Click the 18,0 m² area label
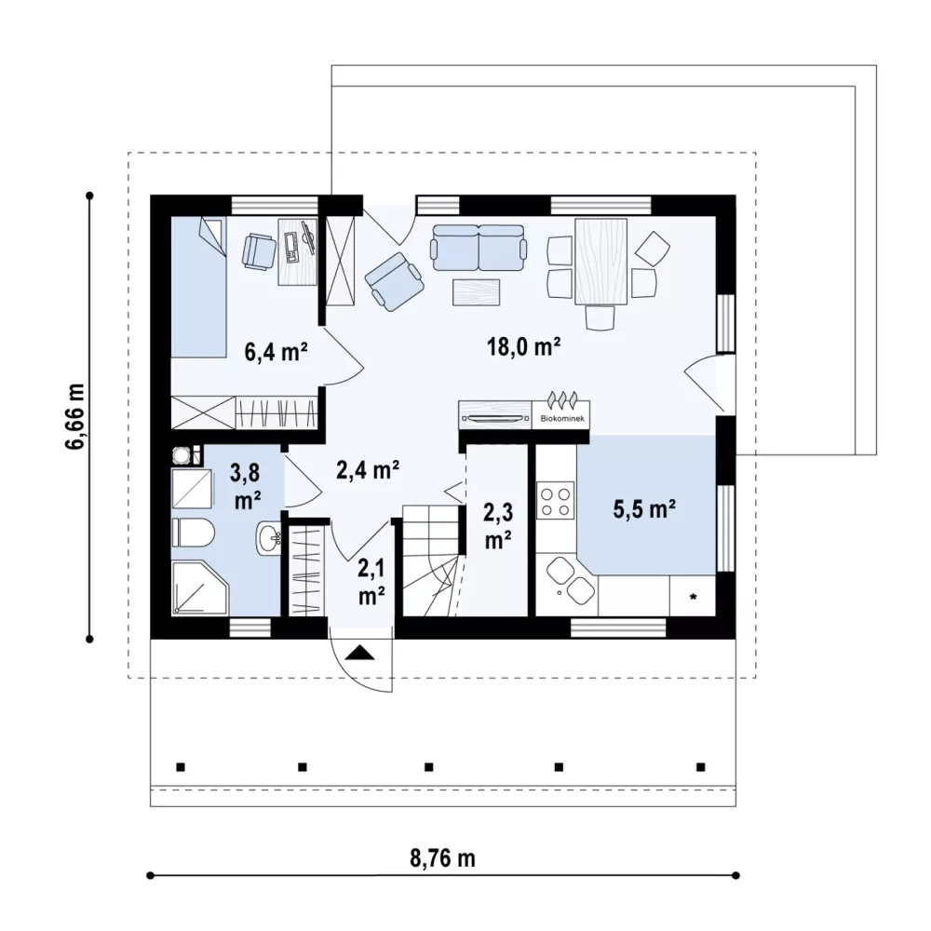pos(524,346)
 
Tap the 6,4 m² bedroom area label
pos(277,352)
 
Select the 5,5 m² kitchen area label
pos(645,509)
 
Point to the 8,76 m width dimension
pos(442,858)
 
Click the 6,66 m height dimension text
pos(75,417)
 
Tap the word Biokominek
pos(561,419)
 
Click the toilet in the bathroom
pos(193,533)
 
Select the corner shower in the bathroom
pos(199,587)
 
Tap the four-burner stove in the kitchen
pos(556,501)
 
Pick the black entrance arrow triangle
pos(359,653)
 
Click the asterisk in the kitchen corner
pos(693,597)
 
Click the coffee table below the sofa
pos(476,292)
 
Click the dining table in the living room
pos(600,262)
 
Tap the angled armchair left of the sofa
pos(394,281)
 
